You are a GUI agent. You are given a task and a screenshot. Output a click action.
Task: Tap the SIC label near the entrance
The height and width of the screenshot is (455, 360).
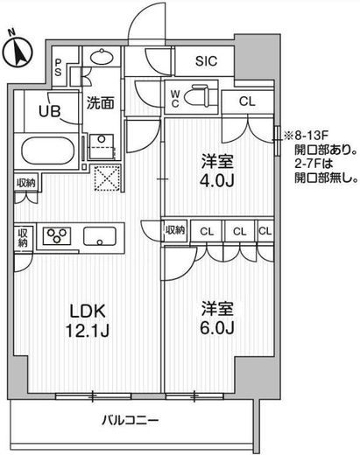click(208, 61)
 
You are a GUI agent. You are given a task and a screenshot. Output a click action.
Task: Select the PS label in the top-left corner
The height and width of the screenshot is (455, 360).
click(58, 67)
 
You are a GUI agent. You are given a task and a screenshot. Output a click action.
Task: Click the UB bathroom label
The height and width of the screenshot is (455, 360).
click(48, 111)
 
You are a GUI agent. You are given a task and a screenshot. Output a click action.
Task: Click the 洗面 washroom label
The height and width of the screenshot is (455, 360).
click(100, 103)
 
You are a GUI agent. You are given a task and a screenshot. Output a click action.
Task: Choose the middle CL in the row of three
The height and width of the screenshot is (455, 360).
click(238, 231)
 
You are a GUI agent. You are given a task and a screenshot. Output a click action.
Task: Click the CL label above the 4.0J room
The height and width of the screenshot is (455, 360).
click(248, 101)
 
